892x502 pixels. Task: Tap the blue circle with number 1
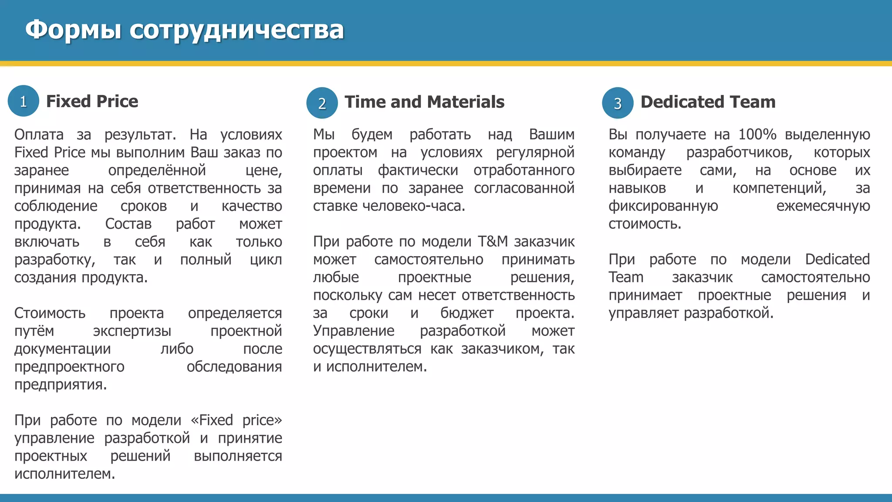click(x=24, y=101)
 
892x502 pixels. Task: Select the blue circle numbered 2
click(x=322, y=103)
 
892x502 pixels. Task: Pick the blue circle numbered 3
click(x=618, y=103)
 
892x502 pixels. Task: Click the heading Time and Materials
click(x=424, y=102)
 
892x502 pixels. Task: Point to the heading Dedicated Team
click(x=708, y=102)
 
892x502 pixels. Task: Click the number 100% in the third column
click(x=757, y=134)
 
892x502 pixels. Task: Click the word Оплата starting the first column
click(x=39, y=134)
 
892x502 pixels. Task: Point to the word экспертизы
click(x=132, y=331)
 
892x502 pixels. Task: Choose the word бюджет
click(x=466, y=313)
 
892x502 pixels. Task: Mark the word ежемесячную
click(x=823, y=206)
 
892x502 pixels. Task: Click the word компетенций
click(x=779, y=188)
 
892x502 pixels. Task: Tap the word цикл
click(x=266, y=260)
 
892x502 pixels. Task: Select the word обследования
click(x=234, y=366)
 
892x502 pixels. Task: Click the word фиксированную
click(x=663, y=206)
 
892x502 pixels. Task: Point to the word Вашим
click(x=551, y=134)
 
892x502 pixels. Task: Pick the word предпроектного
click(x=69, y=366)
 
